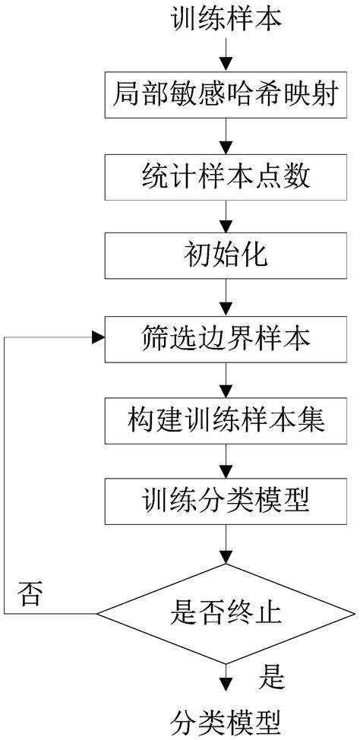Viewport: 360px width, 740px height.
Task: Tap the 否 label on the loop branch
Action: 30,593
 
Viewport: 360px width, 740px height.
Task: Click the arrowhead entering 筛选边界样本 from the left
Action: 98,337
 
